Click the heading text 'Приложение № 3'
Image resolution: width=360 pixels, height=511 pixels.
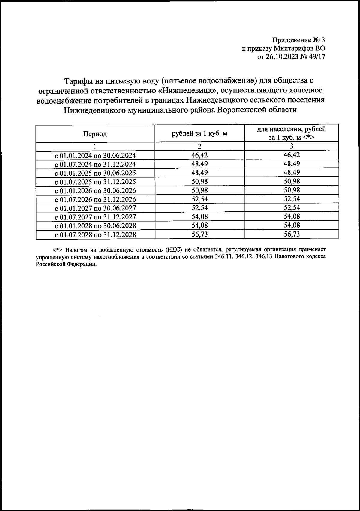coord(298,40)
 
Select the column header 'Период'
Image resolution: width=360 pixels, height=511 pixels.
coord(95,134)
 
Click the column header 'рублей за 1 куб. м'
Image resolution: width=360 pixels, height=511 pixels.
coord(199,134)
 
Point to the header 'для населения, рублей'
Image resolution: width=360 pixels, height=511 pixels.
coord(292,129)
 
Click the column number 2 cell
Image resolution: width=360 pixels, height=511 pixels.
coord(199,147)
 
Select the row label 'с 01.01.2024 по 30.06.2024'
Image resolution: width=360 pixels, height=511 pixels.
coord(95,156)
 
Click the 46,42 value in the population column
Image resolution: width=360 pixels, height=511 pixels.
coord(292,155)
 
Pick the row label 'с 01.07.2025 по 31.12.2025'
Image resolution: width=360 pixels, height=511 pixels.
coord(95,182)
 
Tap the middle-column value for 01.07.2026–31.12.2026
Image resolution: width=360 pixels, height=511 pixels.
coord(199,199)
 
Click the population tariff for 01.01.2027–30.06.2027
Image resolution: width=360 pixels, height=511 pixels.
coord(292,208)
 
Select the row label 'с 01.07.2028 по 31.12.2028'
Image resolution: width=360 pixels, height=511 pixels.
coord(95,234)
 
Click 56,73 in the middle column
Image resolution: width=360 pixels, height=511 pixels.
coord(199,234)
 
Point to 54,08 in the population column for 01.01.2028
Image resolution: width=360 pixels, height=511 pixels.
coord(292,225)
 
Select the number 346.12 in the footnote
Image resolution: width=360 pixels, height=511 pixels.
coord(243,257)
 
